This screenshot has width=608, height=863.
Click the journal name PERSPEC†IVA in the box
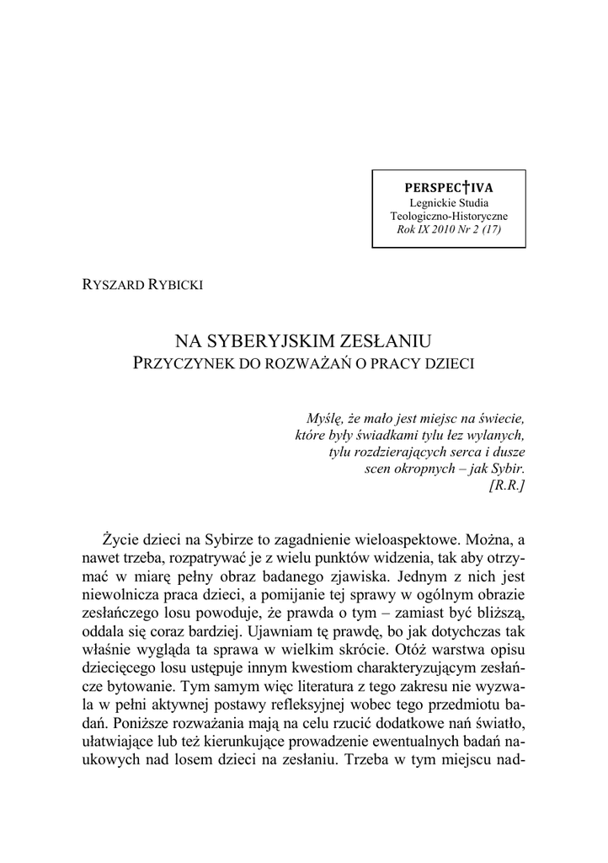[x=449, y=188]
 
